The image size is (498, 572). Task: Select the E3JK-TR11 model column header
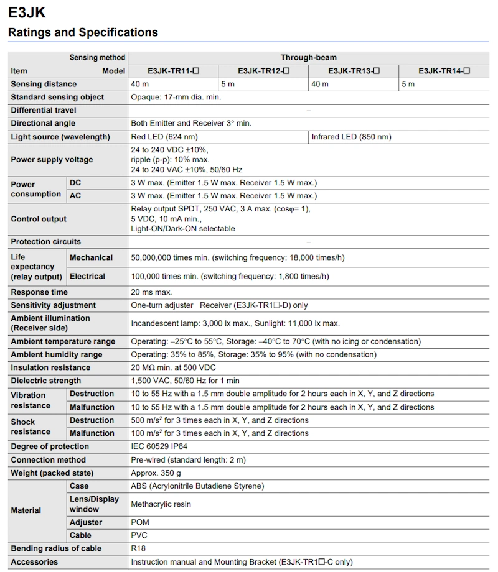point(173,71)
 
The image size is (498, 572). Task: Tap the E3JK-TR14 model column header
point(444,71)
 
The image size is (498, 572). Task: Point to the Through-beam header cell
point(308,58)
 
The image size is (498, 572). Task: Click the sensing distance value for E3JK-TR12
point(228,84)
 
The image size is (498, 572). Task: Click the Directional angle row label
point(43,123)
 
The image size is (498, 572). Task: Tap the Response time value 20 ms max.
point(151,292)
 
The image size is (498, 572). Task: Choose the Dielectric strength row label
point(45,381)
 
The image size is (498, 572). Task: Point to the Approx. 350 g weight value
point(156,473)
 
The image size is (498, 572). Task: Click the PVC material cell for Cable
point(139,535)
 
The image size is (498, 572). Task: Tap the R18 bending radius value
point(138,548)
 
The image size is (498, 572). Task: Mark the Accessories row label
point(34,562)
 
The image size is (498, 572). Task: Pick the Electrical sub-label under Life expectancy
point(87,276)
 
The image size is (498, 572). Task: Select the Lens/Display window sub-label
point(94,504)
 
